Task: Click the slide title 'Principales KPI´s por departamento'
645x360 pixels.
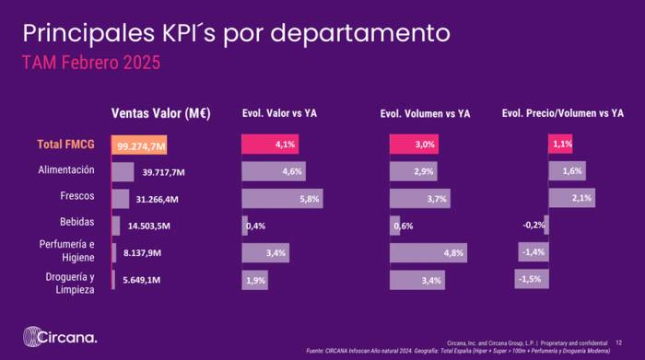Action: point(237,34)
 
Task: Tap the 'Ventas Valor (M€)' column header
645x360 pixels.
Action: point(161,114)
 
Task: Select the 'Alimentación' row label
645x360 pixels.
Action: point(66,171)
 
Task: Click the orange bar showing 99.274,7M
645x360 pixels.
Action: point(139,145)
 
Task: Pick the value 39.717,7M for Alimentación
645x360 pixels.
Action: point(165,172)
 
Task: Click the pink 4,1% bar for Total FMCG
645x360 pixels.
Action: point(270,145)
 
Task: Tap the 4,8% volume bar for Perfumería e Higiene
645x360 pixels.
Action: point(428,252)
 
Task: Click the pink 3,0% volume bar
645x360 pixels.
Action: point(413,145)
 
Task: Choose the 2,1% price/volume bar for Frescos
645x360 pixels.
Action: point(571,198)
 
